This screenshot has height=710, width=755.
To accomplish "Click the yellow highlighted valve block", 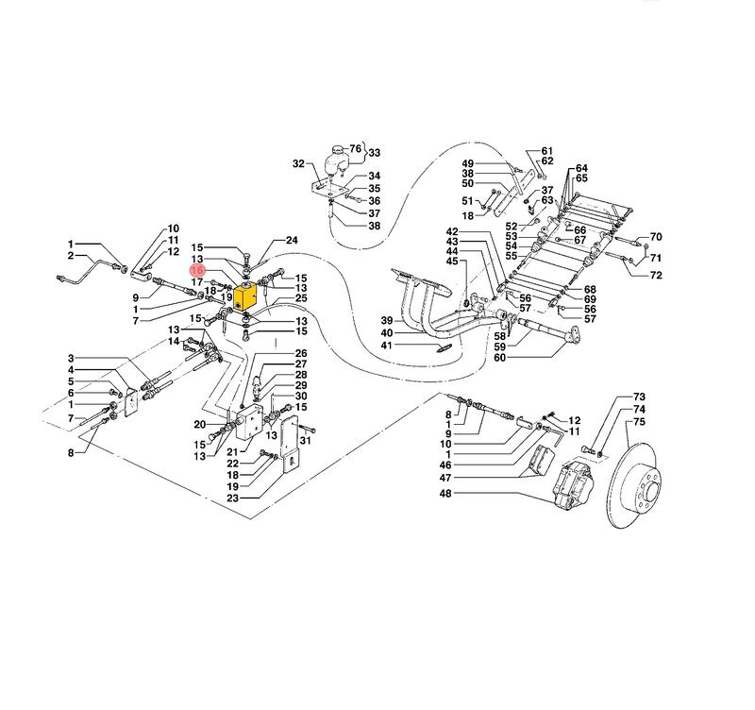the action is click(245, 298).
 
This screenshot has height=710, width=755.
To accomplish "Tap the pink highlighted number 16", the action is click(197, 270).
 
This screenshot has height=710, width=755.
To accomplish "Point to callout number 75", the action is click(639, 422).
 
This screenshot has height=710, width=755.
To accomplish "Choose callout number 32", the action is click(298, 163).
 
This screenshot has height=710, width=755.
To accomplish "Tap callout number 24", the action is click(292, 240).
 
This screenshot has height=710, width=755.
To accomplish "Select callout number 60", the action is click(500, 358).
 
